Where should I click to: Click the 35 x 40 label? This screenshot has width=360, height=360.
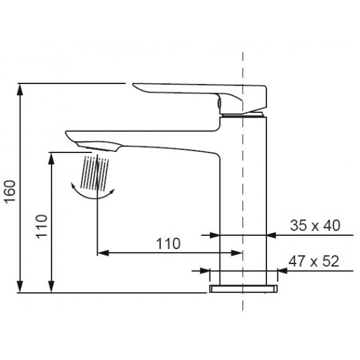tap(314, 226)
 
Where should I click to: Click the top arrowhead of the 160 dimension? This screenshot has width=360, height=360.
tap(22, 88)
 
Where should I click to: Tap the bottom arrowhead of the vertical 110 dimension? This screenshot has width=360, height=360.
tap(53, 288)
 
